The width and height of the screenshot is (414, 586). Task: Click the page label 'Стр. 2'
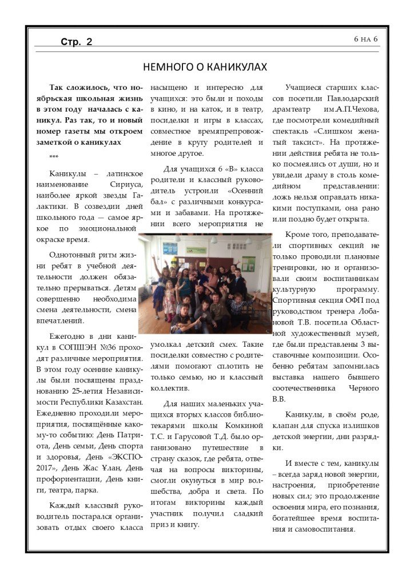click(77, 41)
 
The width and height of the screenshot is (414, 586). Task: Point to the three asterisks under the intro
click(54, 156)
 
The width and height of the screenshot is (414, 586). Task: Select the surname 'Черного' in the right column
click(363, 388)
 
